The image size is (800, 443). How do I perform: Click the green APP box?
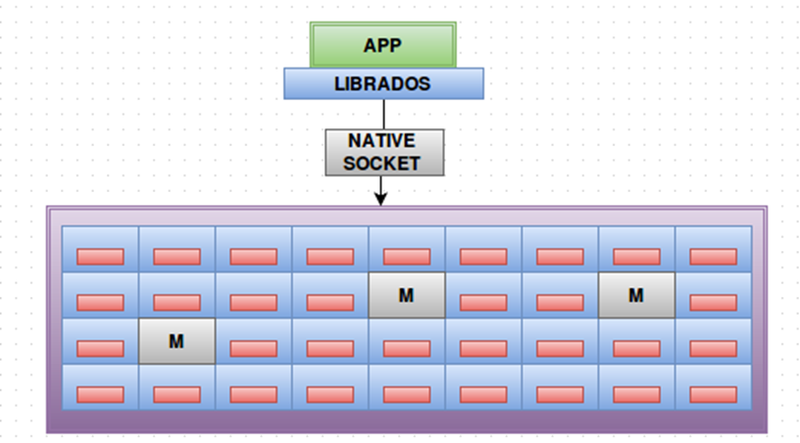point(383,45)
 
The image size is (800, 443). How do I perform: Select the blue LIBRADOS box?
point(383,83)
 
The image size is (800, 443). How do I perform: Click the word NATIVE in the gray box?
point(382,141)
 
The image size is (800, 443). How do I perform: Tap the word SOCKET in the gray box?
point(382,163)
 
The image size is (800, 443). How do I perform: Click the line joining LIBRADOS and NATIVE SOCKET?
point(382,114)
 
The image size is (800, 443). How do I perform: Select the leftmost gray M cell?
point(176,341)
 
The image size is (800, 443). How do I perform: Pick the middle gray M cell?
point(407,295)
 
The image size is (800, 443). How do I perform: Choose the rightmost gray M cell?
point(636,295)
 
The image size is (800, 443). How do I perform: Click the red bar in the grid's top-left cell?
point(100,257)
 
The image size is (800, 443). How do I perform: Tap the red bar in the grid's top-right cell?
point(713,257)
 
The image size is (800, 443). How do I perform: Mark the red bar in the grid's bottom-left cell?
point(100,394)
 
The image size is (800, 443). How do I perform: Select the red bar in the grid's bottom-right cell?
point(713,394)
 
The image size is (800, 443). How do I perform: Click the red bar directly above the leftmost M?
point(176,302)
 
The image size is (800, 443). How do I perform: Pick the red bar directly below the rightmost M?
point(636,348)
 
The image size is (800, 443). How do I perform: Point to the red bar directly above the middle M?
point(407,257)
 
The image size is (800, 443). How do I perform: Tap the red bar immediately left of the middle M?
point(330,302)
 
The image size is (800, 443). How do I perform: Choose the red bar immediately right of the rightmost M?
point(713,302)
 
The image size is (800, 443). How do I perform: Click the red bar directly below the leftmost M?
point(176,394)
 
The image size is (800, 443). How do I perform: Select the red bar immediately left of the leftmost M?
point(100,348)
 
